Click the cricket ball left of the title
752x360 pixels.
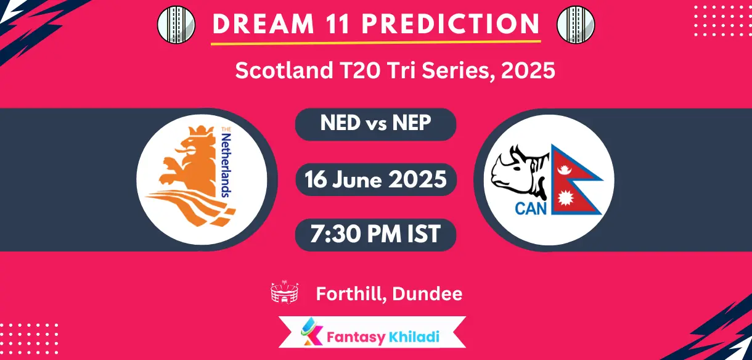(176, 25)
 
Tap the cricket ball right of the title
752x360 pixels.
(575, 25)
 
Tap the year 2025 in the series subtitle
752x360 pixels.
(528, 71)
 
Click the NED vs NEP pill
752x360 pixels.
(375, 124)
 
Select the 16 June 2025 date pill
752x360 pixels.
(375, 179)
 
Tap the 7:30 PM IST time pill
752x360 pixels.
(375, 234)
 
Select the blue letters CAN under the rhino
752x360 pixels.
(531, 208)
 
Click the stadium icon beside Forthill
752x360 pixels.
(285, 293)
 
